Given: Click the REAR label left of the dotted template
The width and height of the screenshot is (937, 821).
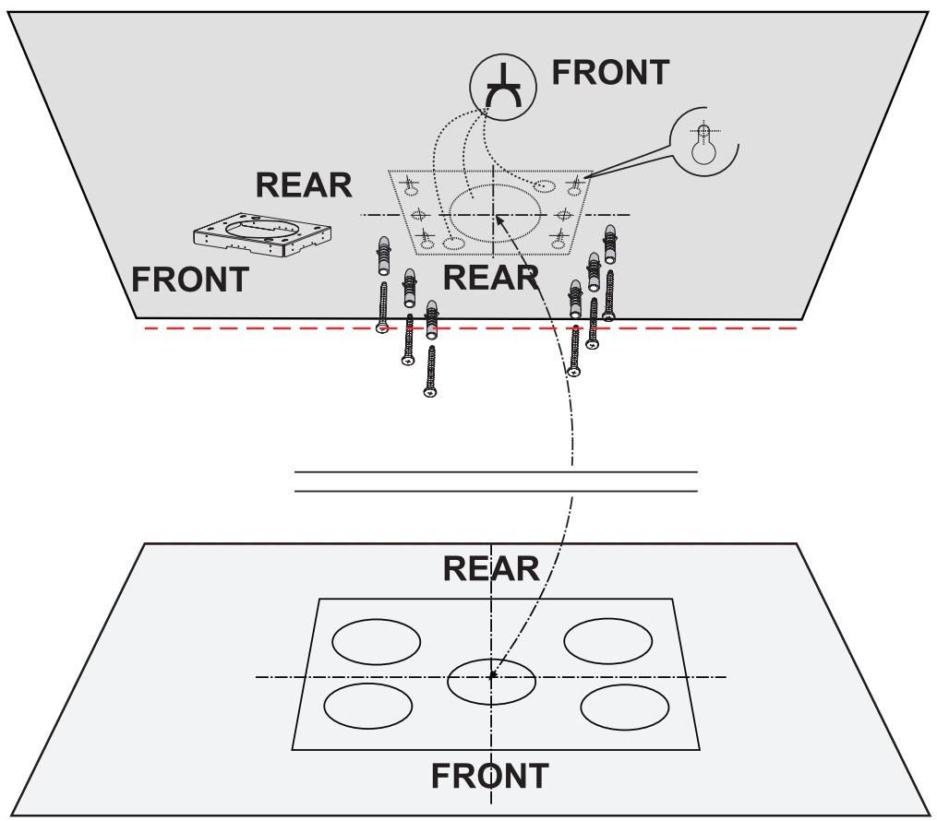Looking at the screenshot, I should (x=304, y=185).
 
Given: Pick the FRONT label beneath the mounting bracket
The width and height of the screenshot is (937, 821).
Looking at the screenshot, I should (x=189, y=278).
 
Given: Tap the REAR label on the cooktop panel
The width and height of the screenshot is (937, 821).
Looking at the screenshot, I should (x=491, y=569).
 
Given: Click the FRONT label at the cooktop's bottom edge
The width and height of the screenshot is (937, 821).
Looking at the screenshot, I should (x=491, y=776).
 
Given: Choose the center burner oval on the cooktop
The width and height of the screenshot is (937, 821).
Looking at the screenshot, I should (x=491, y=681).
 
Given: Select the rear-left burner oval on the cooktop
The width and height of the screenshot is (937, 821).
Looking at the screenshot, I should (x=376, y=641).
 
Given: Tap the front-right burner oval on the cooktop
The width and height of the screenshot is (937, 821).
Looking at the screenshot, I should (x=624, y=707).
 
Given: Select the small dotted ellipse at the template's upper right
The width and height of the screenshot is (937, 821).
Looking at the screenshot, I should (x=545, y=186).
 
